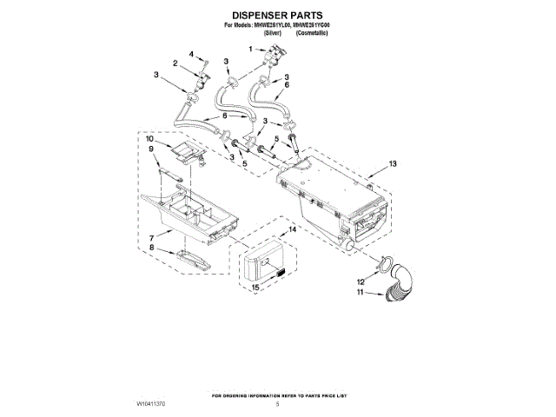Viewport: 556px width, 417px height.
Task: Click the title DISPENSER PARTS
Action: coord(278,16)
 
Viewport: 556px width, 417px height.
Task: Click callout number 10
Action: coord(149,139)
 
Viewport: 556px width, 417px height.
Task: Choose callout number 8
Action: coord(153,248)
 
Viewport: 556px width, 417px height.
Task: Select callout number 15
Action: coord(255,287)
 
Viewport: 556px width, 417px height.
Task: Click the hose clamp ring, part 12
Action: coord(381,262)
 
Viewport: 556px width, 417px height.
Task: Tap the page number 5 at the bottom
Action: coord(278,405)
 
